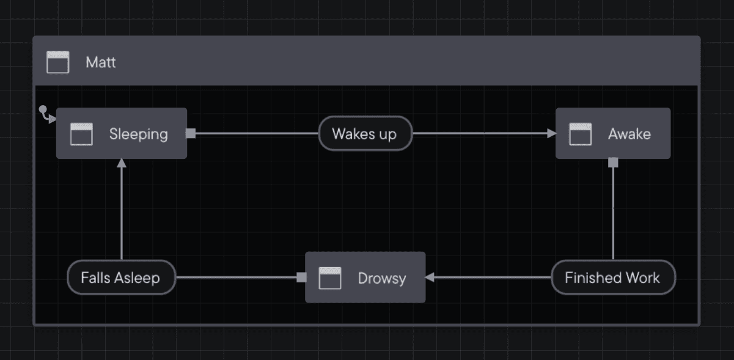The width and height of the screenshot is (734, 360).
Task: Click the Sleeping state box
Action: (122, 133)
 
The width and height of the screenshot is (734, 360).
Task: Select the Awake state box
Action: (612, 133)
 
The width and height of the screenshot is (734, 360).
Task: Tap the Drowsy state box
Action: (365, 277)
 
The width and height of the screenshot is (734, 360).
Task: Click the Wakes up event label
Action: (365, 133)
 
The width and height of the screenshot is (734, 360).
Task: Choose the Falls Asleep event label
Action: (121, 277)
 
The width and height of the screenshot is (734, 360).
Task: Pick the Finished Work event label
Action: (612, 277)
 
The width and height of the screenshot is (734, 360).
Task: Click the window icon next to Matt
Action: (58, 62)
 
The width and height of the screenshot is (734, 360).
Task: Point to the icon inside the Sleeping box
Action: (81, 134)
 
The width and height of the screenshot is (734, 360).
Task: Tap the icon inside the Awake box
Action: (580, 134)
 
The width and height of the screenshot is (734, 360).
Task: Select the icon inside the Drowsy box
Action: (330, 278)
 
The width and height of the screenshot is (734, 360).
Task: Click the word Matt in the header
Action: (101, 62)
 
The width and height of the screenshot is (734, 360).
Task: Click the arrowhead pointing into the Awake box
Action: (552, 133)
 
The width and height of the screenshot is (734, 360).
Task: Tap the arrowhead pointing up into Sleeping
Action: (122, 163)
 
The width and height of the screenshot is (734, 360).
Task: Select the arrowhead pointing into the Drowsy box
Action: (430, 277)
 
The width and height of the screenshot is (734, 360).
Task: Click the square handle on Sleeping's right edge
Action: (191, 133)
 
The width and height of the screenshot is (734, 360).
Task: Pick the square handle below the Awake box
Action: (613, 163)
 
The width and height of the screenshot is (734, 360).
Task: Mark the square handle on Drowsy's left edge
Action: (301, 277)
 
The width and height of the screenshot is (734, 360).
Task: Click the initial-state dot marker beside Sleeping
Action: (43, 110)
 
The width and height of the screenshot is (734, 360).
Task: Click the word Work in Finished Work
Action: (642, 277)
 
